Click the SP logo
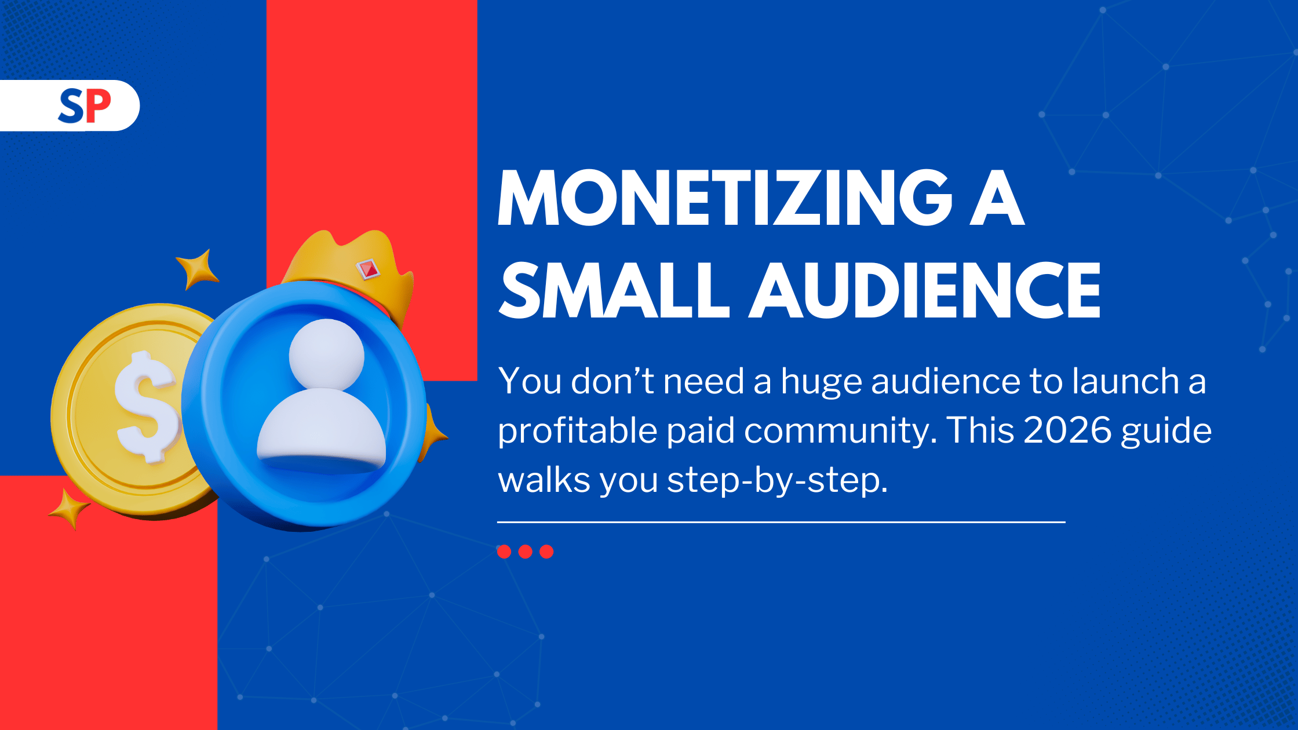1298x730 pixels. pyautogui.click(x=85, y=106)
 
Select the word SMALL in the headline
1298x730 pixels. pyautogui.click(x=614, y=290)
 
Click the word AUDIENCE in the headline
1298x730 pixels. pyautogui.click(x=925, y=290)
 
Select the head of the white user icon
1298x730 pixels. pyautogui.click(x=326, y=354)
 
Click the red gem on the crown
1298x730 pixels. pyautogui.click(x=367, y=268)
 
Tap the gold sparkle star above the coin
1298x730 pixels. pyautogui.click(x=198, y=269)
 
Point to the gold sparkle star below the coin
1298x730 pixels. pyautogui.click(x=70, y=509)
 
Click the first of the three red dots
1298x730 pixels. pyautogui.click(x=504, y=552)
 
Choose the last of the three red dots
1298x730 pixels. pyautogui.click(x=546, y=552)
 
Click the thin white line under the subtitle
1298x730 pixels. pyautogui.click(x=781, y=522)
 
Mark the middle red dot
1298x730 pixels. pyautogui.click(x=526, y=552)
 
